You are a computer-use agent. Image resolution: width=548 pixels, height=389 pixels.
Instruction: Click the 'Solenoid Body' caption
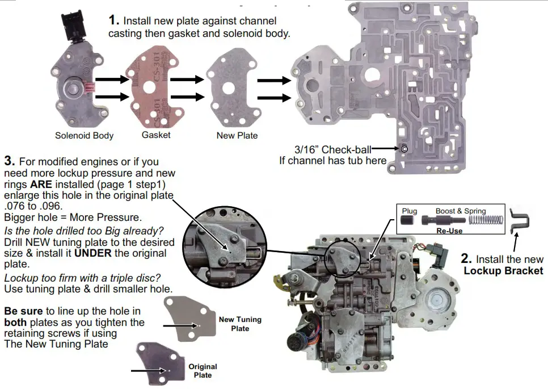coord(84,135)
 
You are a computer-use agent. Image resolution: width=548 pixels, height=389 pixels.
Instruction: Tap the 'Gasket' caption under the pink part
coord(156,135)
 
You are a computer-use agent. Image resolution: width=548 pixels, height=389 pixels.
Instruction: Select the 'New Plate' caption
coord(237,135)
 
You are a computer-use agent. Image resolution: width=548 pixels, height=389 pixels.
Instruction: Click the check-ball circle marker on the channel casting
coord(404,149)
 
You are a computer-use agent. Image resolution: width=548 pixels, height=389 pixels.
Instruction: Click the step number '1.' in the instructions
coord(115,20)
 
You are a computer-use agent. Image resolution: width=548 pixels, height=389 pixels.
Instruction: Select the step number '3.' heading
coord(9,162)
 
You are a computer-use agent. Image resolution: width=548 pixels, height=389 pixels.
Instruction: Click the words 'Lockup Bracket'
coord(503,270)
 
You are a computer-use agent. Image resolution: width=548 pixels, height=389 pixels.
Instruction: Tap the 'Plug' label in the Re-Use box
coord(409,211)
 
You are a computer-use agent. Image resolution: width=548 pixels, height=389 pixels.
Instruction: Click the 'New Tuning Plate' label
coord(240,324)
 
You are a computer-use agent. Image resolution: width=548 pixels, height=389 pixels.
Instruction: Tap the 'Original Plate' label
coord(203,371)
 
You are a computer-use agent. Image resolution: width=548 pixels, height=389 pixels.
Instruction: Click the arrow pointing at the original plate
coord(147,370)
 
